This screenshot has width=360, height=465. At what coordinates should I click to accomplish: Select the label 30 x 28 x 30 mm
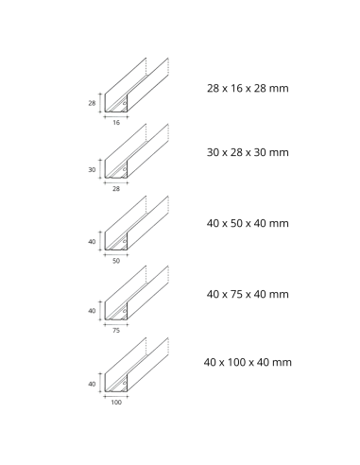[247, 151]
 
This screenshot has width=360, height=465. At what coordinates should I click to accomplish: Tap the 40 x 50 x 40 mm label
[247, 223]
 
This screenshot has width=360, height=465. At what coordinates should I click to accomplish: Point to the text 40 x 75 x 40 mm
[247, 294]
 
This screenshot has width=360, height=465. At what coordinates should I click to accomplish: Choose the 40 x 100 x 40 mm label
[249, 362]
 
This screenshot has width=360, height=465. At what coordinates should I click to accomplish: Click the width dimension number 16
[117, 122]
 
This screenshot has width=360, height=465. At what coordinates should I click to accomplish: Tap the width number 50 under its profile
[117, 259]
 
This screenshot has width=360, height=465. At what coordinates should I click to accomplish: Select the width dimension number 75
[117, 331]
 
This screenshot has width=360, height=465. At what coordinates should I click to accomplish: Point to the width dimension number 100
[117, 402]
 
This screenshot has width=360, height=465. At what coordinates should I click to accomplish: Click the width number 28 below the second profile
[117, 189]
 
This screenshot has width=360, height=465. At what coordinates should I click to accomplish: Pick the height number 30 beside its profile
[93, 169]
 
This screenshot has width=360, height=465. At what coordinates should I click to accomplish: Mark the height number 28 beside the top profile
[93, 102]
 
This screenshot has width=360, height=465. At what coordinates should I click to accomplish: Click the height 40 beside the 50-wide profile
[93, 242]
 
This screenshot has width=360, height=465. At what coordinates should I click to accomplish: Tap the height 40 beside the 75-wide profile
[93, 311]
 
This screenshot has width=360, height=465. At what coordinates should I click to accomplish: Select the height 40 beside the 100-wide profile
[93, 383]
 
